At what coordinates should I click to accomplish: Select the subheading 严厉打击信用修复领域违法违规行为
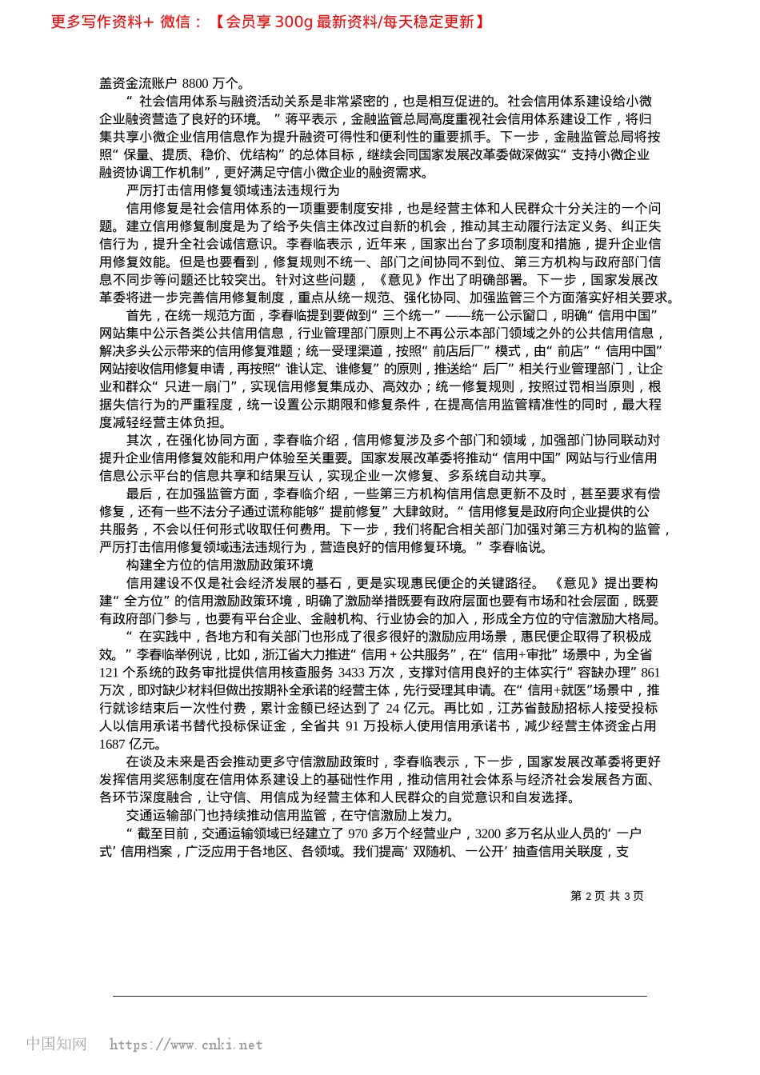coord(233,190)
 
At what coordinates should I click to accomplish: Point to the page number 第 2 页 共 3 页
coord(606,896)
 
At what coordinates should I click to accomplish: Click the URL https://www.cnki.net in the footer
coord(186,1045)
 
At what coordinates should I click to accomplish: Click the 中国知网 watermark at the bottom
coord(56,1044)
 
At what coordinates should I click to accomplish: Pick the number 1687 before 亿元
coord(113,744)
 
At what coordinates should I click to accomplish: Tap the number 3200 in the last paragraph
coord(489,833)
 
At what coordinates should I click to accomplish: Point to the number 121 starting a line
coord(110,673)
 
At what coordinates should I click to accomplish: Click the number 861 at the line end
coord(650,673)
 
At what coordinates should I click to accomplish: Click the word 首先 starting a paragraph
coord(139,315)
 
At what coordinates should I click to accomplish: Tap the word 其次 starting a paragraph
coord(139,440)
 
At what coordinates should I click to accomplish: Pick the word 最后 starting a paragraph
coord(139,494)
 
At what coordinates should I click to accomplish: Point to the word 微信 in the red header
coord(175,22)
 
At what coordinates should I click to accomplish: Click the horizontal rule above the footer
coord(379,996)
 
